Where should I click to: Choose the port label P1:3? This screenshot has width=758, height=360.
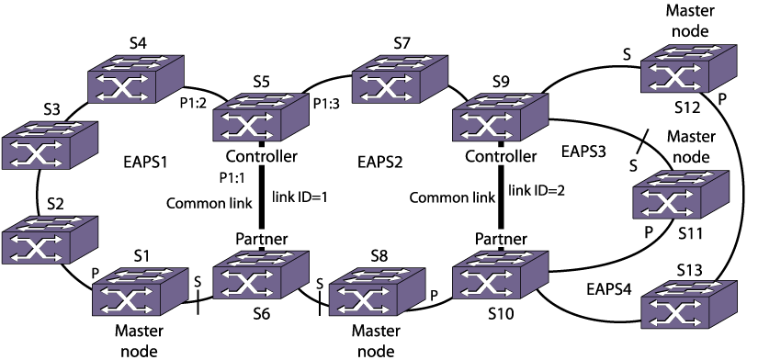pyautogui.click(x=327, y=104)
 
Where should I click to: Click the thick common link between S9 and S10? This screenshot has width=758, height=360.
pyautogui.click(x=500, y=197)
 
